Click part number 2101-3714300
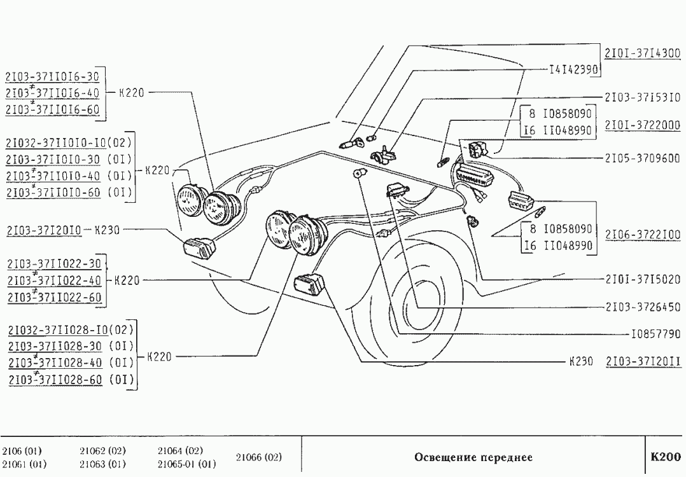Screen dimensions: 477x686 [643, 53]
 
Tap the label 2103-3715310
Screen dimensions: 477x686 [643, 97]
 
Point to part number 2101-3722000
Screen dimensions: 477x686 [643, 125]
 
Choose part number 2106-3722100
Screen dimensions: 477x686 [643, 235]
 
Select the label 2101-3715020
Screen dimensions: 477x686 [643, 279]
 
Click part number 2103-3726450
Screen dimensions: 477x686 [643, 306]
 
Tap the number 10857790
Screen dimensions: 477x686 [655, 333]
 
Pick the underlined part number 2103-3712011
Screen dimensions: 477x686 [643, 361]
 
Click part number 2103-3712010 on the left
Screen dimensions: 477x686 [44, 230]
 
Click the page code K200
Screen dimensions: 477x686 [665, 457]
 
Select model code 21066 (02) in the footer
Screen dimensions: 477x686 [258, 457]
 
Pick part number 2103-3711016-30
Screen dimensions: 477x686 [52, 78]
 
